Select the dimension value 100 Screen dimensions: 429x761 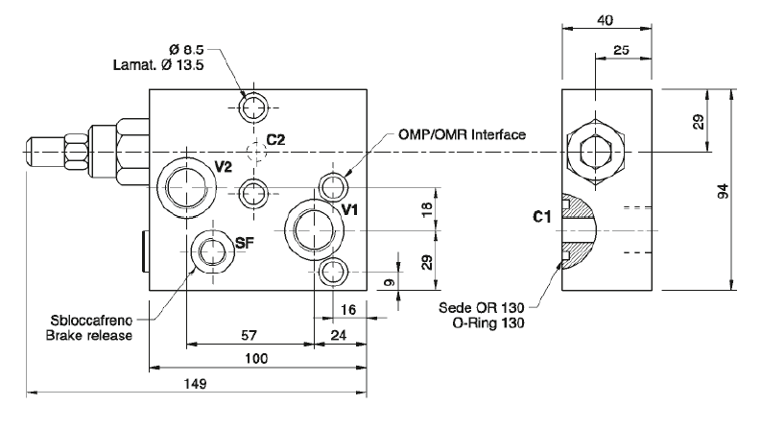coord(257,359)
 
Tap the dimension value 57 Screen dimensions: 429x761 coord(250,334)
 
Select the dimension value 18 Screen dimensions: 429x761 coord(427,208)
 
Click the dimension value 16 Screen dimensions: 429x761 coord(348,308)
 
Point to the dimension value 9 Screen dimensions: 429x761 coord(388,282)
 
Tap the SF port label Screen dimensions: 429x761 coord(245,243)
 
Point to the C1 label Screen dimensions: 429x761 coord(541,219)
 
